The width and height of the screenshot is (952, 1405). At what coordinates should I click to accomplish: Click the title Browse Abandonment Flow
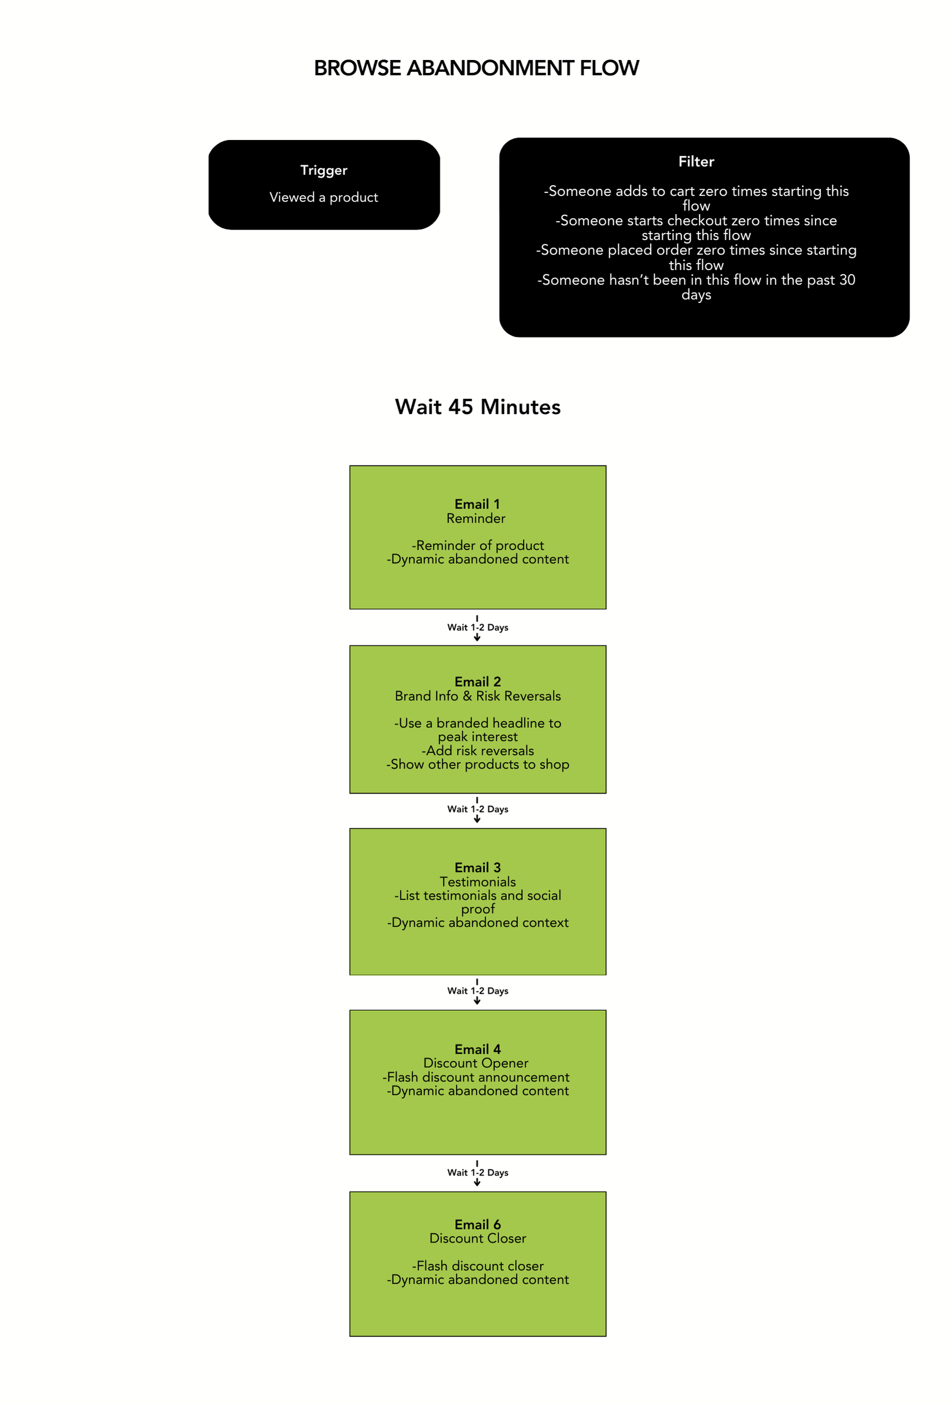click(476, 68)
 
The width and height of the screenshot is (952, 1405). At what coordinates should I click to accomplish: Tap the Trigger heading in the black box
click(324, 171)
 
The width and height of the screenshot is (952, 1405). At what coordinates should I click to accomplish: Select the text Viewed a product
click(324, 197)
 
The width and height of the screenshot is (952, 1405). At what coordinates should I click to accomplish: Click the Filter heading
click(695, 161)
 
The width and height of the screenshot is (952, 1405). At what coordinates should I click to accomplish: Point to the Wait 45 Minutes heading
click(477, 407)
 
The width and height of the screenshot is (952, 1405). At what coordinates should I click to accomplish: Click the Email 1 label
click(477, 504)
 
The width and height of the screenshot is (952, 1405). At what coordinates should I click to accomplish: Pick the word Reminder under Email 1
click(476, 518)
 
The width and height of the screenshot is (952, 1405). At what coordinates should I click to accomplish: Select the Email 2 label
click(477, 681)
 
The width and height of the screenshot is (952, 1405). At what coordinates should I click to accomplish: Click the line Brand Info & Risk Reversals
click(477, 696)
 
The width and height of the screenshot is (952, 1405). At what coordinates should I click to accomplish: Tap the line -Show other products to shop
click(477, 764)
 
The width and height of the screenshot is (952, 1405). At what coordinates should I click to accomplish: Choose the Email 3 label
click(477, 868)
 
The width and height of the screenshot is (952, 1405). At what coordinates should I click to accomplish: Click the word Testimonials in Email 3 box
click(477, 881)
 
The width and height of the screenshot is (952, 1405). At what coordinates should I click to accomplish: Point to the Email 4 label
click(477, 1049)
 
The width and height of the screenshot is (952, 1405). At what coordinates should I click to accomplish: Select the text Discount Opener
click(476, 1063)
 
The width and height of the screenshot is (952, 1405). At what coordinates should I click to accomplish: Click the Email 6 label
click(477, 1224)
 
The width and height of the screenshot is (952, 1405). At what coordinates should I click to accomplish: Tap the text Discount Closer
click(477, 1238)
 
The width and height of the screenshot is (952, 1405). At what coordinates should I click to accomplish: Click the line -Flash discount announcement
click(476, 1077)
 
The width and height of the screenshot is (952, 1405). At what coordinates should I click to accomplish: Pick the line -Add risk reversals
click(477, 750)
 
